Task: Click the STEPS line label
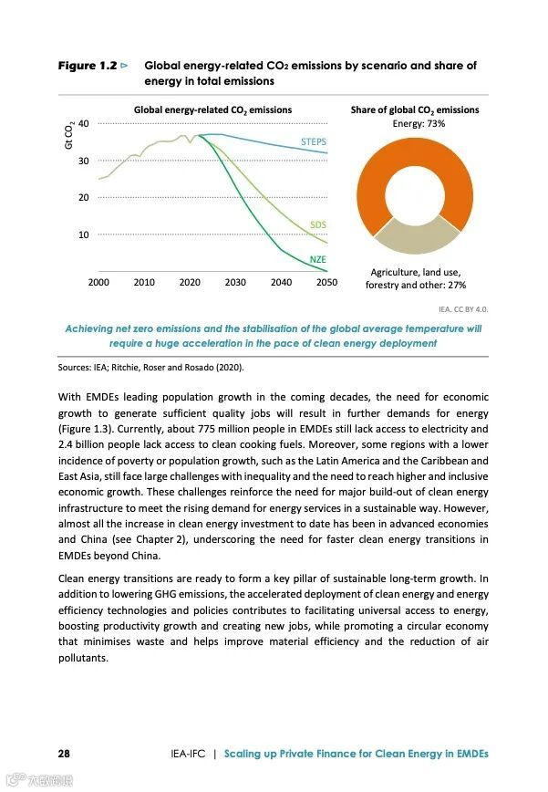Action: click(x=314, y=142)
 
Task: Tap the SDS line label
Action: click(x=317, y=224)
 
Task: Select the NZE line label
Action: click(x=317, y=259)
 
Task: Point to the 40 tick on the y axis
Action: click(x=84, y=123)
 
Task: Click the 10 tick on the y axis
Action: click(x=84, y=234)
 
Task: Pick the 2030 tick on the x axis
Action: click(x=235, y=283)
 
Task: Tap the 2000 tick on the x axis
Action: click(x=98, y=283)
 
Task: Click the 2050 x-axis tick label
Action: click(x=326, y=283)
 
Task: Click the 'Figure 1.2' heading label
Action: click(x=88, y=66)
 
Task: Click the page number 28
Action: click(x=64, y=754)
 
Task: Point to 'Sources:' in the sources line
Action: click(x=74, y=368)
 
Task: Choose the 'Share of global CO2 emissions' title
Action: click(x=415, y=109)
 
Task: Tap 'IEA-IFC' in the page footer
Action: click(x=187, y=754)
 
